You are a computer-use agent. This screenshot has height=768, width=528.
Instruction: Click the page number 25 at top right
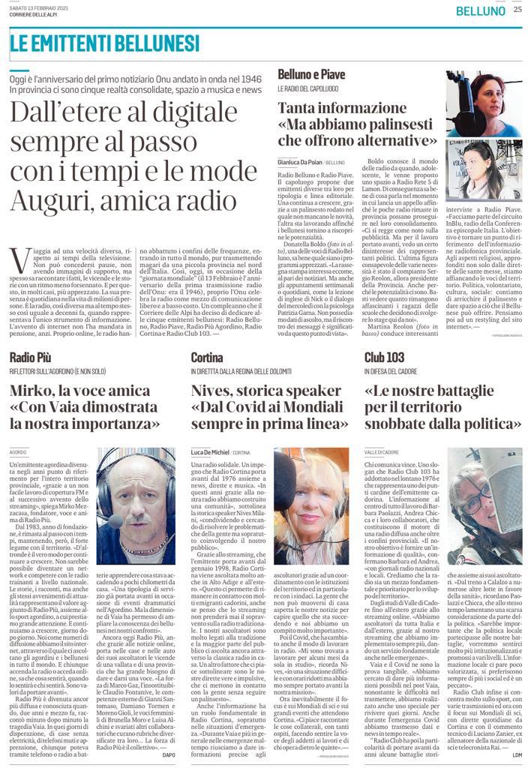[517, 10]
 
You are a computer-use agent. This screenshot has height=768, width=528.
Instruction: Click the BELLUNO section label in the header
[481, 11]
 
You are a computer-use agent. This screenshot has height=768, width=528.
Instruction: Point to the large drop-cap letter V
[20, 260]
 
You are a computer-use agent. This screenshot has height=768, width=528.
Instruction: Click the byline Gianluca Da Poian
[301, 162]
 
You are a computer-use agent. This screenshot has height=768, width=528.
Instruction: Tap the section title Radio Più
[30, 357]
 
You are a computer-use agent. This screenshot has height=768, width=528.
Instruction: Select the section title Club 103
[385, 357]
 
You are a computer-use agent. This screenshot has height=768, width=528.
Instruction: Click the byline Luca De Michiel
[211, 453]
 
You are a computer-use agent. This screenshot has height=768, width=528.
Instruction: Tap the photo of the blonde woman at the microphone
[310, 506]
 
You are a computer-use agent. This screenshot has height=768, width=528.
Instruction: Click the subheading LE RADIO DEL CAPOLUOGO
[309, 91]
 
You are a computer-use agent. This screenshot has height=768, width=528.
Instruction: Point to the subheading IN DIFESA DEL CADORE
[394, 372]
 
